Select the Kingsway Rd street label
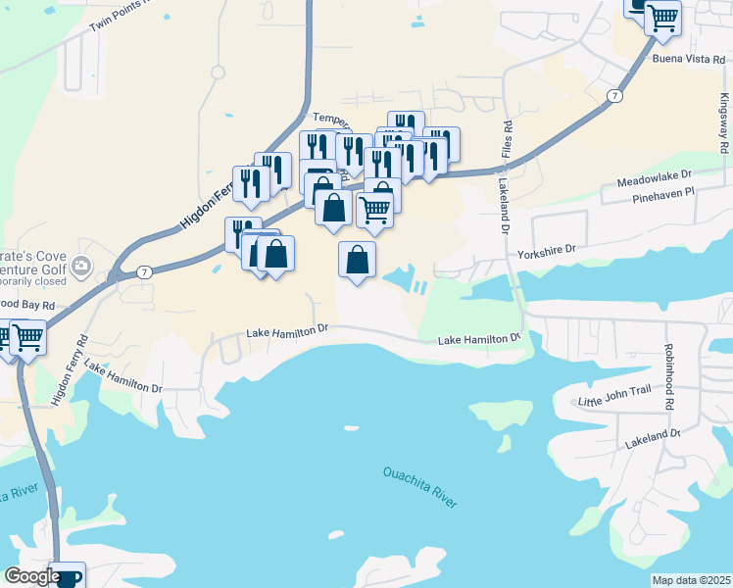(x=723, y=122)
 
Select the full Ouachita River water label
(x=419, y=487)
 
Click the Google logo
(x=32, y=576)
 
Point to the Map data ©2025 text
(x=691, y=580)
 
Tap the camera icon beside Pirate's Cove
(x=81, y=266)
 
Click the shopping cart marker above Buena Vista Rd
(x=663, y=17)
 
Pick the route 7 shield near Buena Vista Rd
(x=613, y=95)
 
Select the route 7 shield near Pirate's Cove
(x=143, y=271)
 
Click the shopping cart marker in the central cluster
(x=374, y=209)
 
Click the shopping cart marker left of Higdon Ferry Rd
(x=27, y=338)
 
